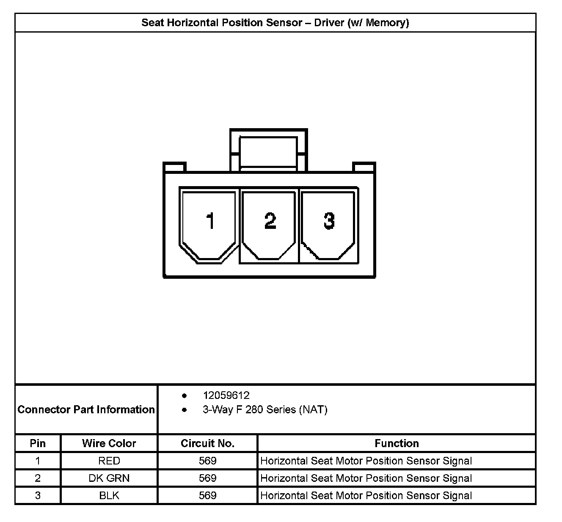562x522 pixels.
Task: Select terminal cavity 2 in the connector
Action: coord(269,224)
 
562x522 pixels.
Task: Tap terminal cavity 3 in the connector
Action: coord(328,224)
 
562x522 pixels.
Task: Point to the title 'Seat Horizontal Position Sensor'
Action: coord(275,23)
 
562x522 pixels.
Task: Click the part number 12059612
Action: coord(226,396)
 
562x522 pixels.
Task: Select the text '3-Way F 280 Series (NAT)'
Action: coord(265,409)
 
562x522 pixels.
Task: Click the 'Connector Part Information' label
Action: coord(86,409)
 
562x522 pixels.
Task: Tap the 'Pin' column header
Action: coord(38,443)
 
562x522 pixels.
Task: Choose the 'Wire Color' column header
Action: coord(109,443)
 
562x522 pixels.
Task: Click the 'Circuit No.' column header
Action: coord(207,443)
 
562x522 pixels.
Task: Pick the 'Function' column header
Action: coord(397,443)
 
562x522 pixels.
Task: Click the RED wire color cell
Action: coord(109,461)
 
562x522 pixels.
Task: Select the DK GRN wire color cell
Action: coord(109,478)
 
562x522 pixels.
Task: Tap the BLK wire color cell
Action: coord(109,495)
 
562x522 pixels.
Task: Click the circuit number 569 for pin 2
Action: coord(207,478)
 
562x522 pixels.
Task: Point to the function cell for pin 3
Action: coord(366,495)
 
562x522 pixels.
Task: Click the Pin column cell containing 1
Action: coord(38,461)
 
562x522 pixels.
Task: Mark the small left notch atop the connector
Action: coord(175,167)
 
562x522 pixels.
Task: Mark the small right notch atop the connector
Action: coord(364,167)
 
